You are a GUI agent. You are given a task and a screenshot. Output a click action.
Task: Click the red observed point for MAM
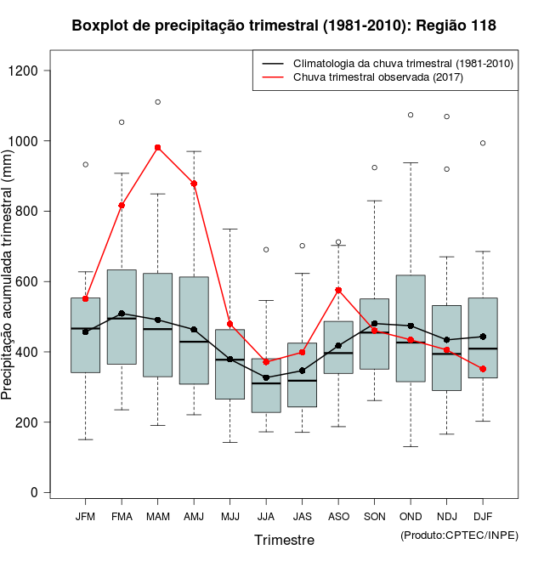[x=158, y=147]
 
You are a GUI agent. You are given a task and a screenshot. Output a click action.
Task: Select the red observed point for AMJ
[x=194, y=184]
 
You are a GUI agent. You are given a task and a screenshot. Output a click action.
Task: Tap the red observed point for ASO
[x=338, y=290]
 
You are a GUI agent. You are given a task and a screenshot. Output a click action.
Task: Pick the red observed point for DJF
[x=483, y=369]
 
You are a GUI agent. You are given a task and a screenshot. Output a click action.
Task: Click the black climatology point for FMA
[x=122, y=314]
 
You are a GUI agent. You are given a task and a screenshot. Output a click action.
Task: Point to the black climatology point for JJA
[x=266, y=377]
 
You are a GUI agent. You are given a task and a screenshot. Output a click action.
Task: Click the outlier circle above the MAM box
[x=158, y=102]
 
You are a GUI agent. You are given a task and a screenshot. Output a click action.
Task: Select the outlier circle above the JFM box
[x=86, y=164]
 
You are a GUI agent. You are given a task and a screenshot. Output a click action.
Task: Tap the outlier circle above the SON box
[x=375, y=167]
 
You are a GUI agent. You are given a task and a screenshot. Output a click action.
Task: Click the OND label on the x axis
[x=411, y=517]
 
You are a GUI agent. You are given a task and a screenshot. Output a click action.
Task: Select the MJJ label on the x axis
[x=229, y=517]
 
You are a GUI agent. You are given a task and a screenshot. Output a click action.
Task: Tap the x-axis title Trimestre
[x=284, y=540]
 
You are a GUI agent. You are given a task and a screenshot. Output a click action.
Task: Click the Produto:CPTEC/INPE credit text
[x=459, y=535]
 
